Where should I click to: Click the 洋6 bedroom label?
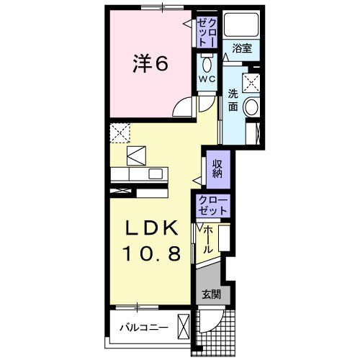point(150,63)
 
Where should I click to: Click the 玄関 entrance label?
point(210,294)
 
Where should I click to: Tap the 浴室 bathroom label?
point(243,49)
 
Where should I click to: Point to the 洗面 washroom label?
point(234,100)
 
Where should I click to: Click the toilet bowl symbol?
point(207,62)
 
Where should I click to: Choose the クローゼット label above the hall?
point(211,205)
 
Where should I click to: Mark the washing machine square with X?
point(252,81)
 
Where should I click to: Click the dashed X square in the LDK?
point(119,132)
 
